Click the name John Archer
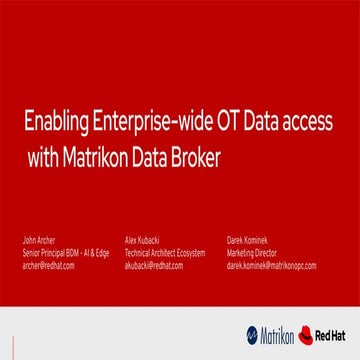point(36,240)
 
